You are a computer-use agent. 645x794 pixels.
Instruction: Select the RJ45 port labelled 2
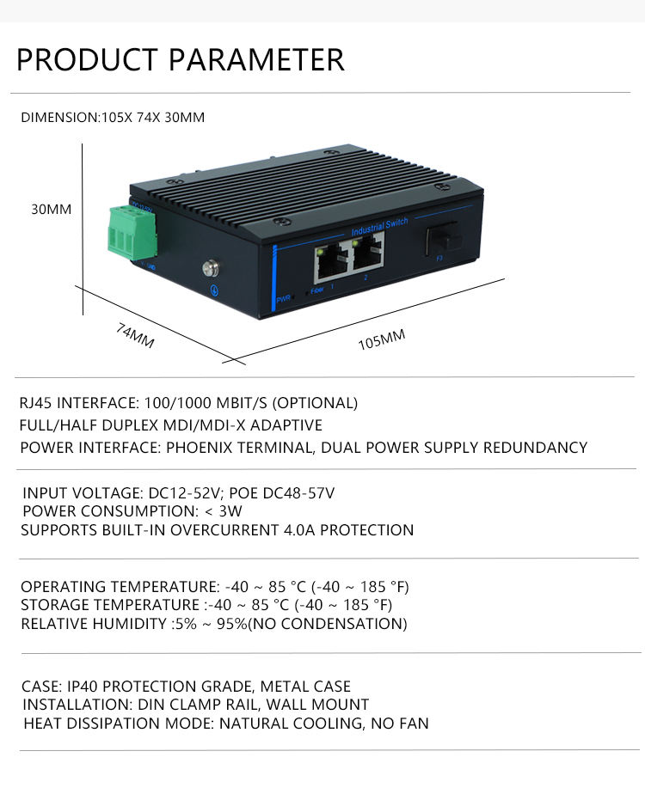tap(368, 255)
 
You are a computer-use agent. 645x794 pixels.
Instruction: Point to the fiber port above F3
tap(445, 238)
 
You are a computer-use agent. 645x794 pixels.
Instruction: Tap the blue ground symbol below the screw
tap(215, 290)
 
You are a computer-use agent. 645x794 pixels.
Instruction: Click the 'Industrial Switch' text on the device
tap(379, 227)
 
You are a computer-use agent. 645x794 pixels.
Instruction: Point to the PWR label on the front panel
tap(283, 299)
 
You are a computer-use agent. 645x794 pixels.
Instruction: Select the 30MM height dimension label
tap(52, 209)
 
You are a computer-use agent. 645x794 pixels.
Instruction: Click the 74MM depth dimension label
tap(135, 336)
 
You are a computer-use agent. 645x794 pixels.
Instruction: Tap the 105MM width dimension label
tap(382, 339)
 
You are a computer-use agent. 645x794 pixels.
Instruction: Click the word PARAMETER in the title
tap(256, 59)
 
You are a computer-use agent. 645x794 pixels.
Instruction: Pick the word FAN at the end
tap(414, 724)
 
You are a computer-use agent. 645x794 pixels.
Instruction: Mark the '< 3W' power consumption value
tap(224, 511)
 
